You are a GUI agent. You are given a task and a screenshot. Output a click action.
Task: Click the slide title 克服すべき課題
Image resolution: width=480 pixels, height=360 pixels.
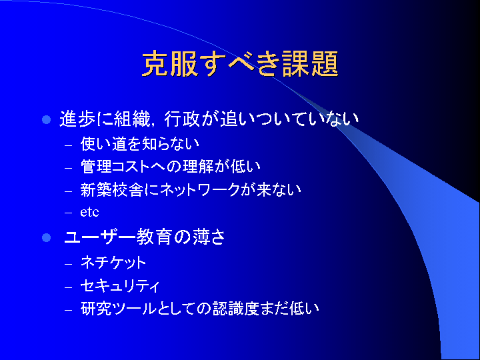tap(240, 64)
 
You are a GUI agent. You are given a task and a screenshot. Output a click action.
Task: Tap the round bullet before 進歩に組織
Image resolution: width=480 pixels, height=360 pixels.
tap(46, 120)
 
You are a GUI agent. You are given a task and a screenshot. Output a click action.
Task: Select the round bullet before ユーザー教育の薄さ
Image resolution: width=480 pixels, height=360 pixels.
tap(46, 237)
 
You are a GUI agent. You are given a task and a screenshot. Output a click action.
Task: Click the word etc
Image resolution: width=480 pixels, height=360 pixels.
tap(89, 212)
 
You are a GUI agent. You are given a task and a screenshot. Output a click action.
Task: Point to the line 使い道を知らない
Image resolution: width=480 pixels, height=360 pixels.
tap(140, 144)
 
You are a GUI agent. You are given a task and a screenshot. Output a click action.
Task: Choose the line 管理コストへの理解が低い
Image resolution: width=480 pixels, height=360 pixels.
tap(171, 167)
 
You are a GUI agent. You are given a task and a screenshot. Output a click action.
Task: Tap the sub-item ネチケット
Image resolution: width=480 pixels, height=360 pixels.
tap(113, 263)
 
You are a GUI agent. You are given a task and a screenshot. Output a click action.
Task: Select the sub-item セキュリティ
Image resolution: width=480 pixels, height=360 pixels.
tap(120, 286)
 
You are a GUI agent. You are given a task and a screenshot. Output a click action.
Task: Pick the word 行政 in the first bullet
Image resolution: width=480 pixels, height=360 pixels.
tap(182, 119)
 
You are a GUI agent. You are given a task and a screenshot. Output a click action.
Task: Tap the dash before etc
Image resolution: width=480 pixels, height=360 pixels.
tap(69, 213)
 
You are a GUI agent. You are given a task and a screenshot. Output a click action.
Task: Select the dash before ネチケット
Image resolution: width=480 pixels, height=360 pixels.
tap(69, 263)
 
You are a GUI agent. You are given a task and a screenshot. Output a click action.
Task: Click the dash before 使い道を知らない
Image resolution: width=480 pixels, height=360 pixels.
tap(69, 145)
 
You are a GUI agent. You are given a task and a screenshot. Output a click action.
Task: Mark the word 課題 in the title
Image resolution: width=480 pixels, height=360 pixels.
tap(310, 64)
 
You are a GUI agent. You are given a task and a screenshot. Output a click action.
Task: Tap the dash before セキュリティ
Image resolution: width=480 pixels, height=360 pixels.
tap(69, 287)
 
